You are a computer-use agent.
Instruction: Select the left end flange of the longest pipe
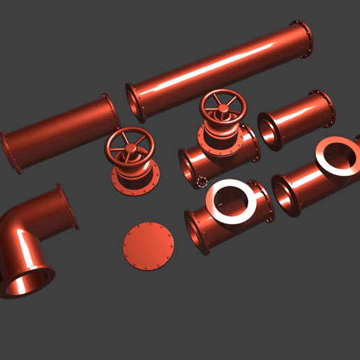(133, 103)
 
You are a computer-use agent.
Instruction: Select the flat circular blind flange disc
(148, 246)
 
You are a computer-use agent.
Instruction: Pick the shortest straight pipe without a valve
(297, 119)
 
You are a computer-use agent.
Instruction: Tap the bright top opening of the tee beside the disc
(232, 201)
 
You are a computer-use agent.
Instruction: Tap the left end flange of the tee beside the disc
(198, 231)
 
